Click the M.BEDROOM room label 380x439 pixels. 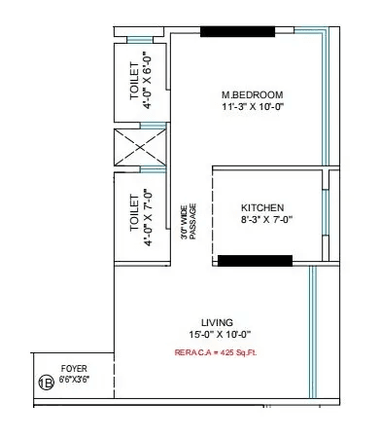pos(251,94)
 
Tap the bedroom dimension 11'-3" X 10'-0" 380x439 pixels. pos(251,107)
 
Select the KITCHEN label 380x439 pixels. pos(262,208)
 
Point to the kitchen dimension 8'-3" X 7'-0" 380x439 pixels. pos(262,221)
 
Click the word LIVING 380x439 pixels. pos(216,320)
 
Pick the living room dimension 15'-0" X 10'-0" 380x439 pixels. pos(216,333)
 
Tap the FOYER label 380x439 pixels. pos(74,369)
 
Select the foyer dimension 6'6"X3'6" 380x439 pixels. pos(74,381)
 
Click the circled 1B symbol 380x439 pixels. pos(46,382)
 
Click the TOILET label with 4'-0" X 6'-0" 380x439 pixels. pos(134,84)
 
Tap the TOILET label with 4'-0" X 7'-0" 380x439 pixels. pos(134,215)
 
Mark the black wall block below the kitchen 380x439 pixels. pos(255,261)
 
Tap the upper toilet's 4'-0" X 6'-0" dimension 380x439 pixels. pos(148,84)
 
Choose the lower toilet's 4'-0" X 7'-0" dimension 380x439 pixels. pos(148,215)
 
